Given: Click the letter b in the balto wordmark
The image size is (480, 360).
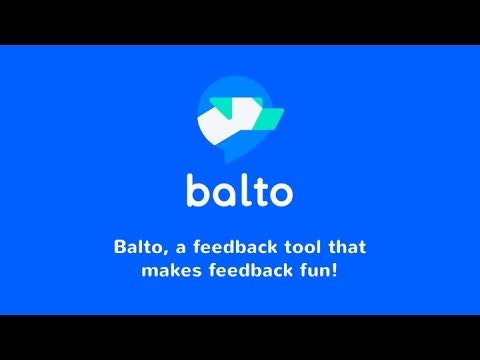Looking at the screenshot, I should point(195,190).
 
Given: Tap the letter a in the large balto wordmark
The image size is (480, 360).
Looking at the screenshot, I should point(221,194).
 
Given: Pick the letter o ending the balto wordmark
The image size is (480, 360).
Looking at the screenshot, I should point(280,194).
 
